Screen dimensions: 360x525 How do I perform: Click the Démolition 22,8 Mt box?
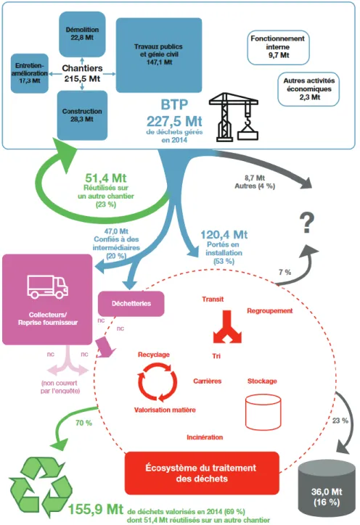pyautogui.click(x=82, y=34)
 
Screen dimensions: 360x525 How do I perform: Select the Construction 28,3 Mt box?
pyautogui.click(x=82, y=115)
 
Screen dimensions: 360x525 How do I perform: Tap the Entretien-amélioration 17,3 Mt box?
pyautogui.click(x=30, y=73)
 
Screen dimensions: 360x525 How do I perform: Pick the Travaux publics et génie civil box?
pyautogui.click(x=159, y=55)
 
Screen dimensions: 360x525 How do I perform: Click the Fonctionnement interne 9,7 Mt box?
pyautogui.click(x=278, y=47)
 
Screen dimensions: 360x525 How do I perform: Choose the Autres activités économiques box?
pyautogui.click(x=308, y=89)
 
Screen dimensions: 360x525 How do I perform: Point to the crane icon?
pyautogui.click(x=234, y=117)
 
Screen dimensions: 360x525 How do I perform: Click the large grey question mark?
pyautogui.click(x=307, y=223)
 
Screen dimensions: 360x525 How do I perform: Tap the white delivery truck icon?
pyautogui.click(x=48, y=287)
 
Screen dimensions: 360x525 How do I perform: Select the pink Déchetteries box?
pyautogui.click(x=131, y=304)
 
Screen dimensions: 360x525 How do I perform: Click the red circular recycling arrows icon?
pyautogui.click(x=157, y=382)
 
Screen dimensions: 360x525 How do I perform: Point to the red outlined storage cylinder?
pyautogui.click(x=263, y=412)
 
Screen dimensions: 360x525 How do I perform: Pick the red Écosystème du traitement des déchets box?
pyautogui.click(x=202, y=473)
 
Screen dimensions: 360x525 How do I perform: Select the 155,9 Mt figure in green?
pyautogui.click(x=96, y=509)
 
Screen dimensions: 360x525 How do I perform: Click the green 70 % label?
pyautogui.click(x=83, y=423)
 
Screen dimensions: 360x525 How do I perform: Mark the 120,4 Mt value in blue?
pyautogui.click(x=224, y=235)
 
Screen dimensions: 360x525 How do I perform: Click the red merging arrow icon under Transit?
pyautogui.click(x=227, y=327)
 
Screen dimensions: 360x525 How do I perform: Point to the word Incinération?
pyautogui.click(x=205, y=437)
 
